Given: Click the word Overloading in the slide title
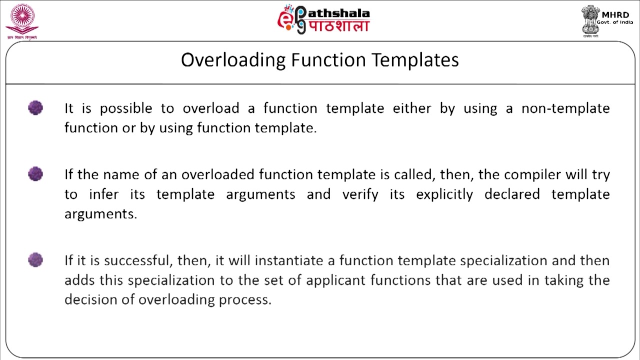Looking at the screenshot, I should click(x=233, y=60).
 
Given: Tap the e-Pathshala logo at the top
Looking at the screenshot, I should click(x=323, y=20).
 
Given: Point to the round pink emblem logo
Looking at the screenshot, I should click(x=21, y=19).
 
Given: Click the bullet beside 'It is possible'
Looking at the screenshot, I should click(x=35, y=108).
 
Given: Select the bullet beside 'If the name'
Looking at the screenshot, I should click(x=35, y=174).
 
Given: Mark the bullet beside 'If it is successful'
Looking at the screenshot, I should click(x=35, y=260).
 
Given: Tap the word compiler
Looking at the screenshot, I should click(x=532, y=174).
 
